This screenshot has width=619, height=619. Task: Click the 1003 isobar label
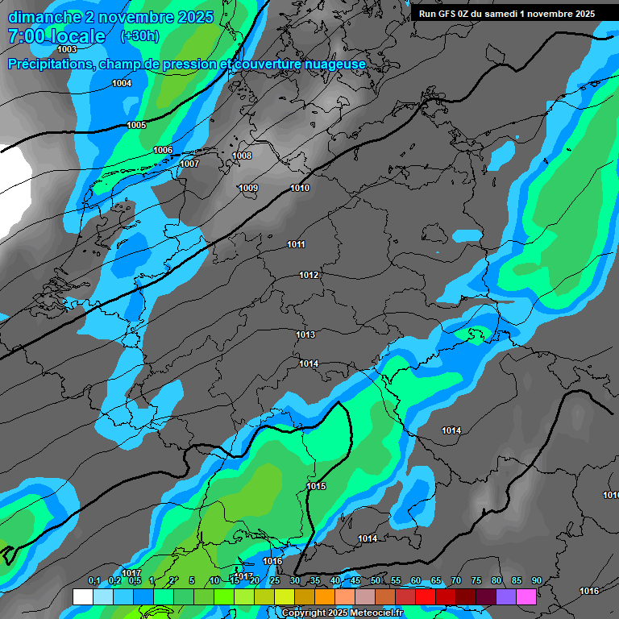coord(67,72)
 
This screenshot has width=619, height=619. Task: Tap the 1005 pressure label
coord(136,125)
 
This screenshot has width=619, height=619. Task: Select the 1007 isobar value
coord(189,164)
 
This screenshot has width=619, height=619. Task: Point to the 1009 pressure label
coord(248,188)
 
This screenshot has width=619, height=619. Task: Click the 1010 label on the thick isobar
coord(300,188)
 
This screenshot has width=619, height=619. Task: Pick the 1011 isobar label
coord(296,244)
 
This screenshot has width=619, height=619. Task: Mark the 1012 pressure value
coord(309,275)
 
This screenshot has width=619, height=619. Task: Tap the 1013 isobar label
coord(305,334)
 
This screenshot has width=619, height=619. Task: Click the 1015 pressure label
coord(316,486)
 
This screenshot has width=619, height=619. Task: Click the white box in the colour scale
coord(82,596)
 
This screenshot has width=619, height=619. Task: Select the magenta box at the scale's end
coord(526,596)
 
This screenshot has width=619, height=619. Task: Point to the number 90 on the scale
coord(536,581)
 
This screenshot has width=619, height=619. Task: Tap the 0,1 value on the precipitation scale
coord(93,581)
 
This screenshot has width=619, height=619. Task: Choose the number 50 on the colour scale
coord(376,581)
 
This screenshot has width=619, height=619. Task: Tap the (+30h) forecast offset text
coord(139,35)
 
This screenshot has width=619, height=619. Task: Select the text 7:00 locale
coord(56,36)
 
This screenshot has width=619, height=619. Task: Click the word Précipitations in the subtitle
coord(48,64)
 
